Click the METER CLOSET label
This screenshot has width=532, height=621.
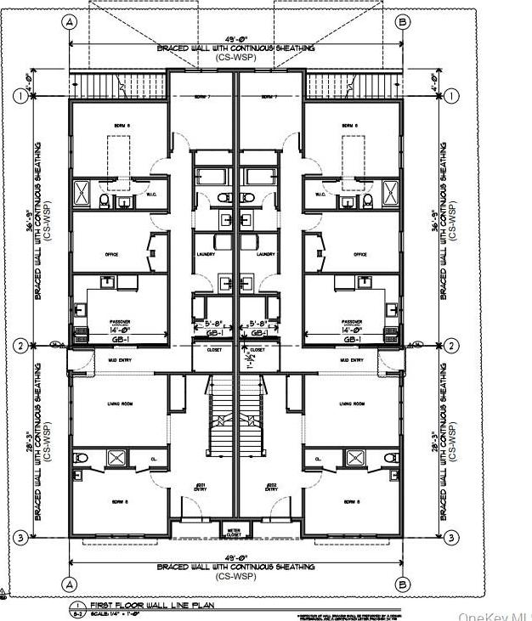(235, 533)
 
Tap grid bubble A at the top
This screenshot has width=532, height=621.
(69, 21)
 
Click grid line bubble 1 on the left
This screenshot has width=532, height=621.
(19, 97)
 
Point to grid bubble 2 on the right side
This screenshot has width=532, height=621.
(452, 346)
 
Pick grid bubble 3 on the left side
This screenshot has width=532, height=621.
(19, 536)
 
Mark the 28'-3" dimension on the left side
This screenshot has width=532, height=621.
(36, 441)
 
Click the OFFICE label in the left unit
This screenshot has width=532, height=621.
(111, 254)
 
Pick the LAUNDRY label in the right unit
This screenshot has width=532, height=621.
(264, 254)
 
